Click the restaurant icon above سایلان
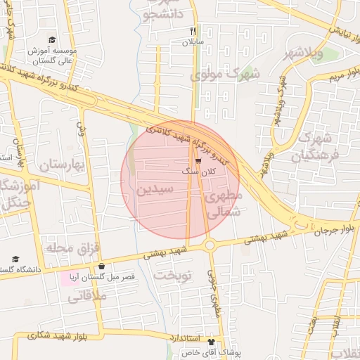pos(193,31)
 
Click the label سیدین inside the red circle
pos(154,189)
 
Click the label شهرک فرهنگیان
pos(319,146)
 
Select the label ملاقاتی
pos(87,297)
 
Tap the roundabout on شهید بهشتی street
pos(210,245)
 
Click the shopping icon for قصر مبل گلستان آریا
pos(103,266)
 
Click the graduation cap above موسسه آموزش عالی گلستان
pos(51,41)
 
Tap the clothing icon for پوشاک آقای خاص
pos(210,342)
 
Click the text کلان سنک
pos(205,171)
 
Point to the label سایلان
pos(193,42)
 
